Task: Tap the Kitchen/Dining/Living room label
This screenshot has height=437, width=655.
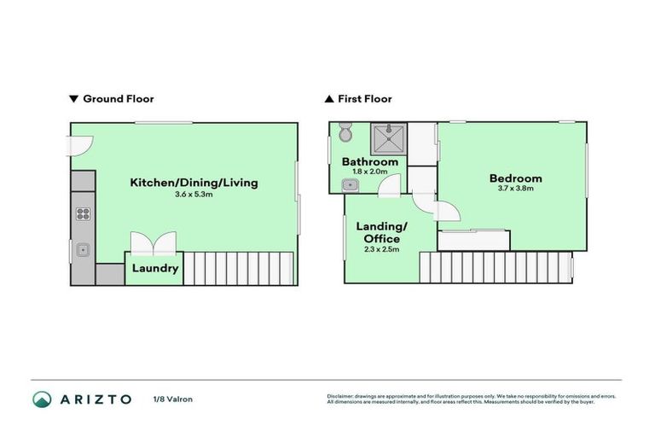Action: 194,183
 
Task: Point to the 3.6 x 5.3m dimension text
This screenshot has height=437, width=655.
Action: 194,195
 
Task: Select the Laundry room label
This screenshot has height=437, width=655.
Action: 155,269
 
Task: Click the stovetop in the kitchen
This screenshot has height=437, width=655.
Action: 84,214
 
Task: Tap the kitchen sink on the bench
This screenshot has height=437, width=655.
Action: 84,250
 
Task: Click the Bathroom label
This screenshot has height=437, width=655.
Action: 370,162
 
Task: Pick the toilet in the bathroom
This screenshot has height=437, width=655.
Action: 345,133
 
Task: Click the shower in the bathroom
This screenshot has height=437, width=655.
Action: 388,136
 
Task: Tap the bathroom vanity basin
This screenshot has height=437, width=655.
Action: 348,184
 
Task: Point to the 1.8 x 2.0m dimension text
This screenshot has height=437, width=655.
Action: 370,172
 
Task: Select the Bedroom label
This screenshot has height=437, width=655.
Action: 515,178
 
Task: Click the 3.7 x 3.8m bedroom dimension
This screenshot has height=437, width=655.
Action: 515,189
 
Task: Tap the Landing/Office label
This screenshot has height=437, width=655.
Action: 381,232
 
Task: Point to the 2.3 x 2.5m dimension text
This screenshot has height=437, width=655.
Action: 381,250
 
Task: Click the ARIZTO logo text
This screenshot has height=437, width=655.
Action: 95,399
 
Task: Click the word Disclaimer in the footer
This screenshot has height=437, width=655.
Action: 341,396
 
